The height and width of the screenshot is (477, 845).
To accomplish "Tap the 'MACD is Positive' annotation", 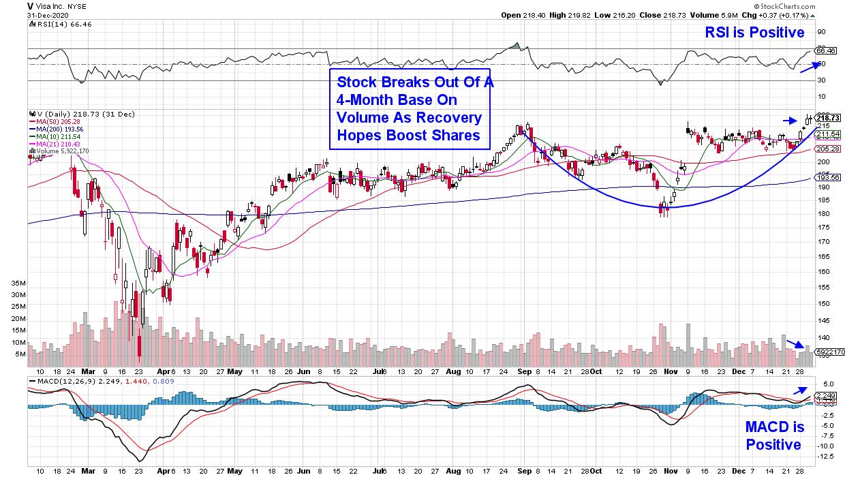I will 775,436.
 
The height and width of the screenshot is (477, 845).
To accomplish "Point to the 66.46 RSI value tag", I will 826,50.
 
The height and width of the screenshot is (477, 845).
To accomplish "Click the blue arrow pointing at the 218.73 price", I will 788,121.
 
